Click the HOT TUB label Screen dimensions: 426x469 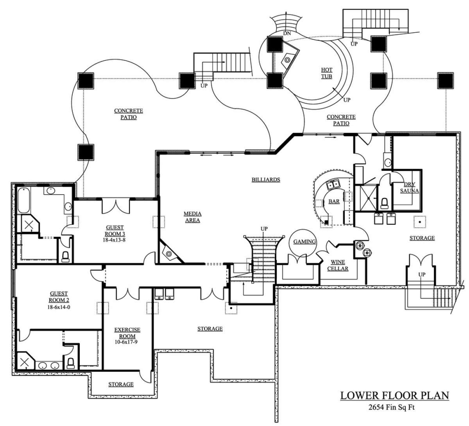click(x=326, y=73)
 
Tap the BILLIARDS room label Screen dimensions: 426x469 click(x=266, y=180)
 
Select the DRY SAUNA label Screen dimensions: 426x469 click(x=412, y=188)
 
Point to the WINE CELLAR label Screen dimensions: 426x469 click(x=338, y=265)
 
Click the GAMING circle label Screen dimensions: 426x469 click(x=304, y=242)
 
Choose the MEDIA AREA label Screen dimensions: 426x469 click(x=192, y=217)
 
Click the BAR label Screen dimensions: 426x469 click(x=334, y=201)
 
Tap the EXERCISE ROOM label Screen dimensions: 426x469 click(x=127, y=333)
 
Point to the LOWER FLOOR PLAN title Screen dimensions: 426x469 click(x=395, y=396)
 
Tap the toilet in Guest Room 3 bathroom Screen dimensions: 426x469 click(x=66, y=256)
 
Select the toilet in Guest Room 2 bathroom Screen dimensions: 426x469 click(x=71, y=363)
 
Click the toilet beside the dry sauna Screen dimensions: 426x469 click(x=384, y=202)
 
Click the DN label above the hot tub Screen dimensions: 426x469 click(x=287, y=34)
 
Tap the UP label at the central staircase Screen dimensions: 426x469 click(x=264, y=228)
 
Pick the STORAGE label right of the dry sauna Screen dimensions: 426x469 click(x=422, y=238)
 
